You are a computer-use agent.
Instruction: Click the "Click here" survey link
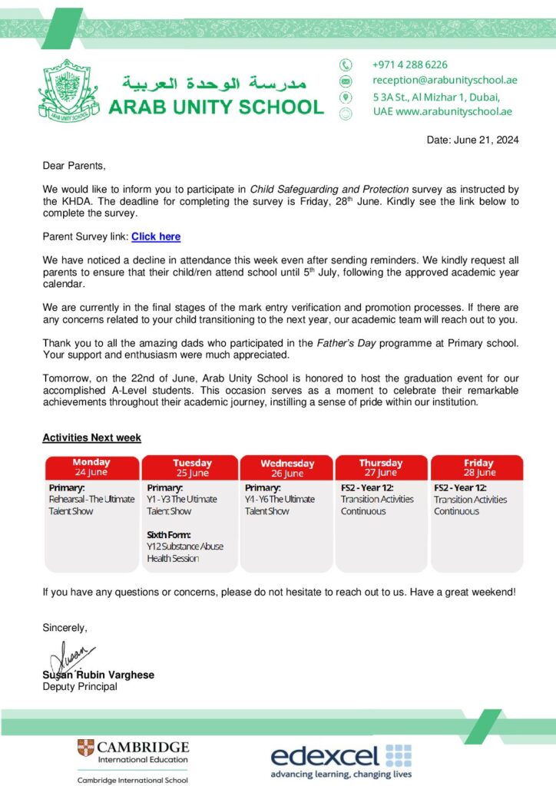click(156, 237)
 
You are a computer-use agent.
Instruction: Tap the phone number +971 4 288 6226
click(409, 64)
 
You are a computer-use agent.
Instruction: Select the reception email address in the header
click(445, 80)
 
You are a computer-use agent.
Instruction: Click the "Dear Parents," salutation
click(74, 166)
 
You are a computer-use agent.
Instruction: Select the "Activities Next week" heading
click(91, 438)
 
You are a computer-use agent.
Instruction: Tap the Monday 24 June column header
click(92, 467)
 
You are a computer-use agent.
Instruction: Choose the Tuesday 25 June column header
click(191, 467)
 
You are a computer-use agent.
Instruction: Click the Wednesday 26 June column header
click(287, 468)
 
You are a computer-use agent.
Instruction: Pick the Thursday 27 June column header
click(381, 467)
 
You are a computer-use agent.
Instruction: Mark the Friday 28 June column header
click(478, 467)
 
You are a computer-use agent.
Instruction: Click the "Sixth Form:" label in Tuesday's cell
click(168, 534)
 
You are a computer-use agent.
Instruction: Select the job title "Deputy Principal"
click(80, 686)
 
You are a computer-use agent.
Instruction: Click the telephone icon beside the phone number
click(346, 65)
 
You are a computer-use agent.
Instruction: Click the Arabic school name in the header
click(214, 82)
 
